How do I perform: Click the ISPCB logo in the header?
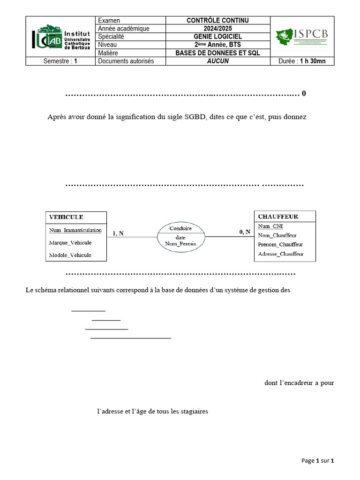pos(302,36)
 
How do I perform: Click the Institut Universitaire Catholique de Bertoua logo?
pos(60,36)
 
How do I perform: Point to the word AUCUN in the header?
pos(218,61)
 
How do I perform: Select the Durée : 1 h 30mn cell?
pos(302,61)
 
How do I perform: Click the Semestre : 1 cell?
pos(60,61)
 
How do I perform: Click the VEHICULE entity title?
pos(66,217)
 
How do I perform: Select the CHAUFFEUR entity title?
pos(278,217)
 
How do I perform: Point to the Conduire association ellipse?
pos(180,236)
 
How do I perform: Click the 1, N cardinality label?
pos(118,233)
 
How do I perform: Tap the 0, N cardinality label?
pos(245,231)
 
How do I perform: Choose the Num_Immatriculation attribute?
pos(75,230)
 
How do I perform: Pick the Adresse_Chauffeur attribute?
pos(281,254)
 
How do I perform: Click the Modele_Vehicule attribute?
pos(70,255)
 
